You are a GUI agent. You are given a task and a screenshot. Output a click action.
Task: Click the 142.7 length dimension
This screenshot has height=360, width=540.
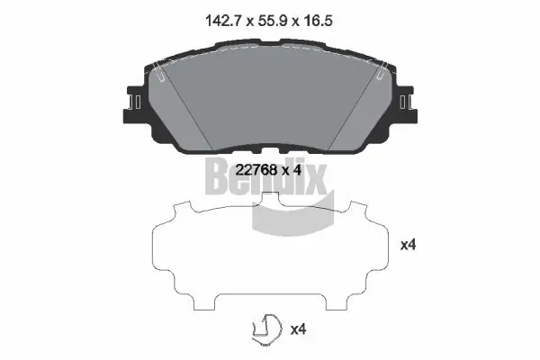pyautogui.click(x=223, y=21)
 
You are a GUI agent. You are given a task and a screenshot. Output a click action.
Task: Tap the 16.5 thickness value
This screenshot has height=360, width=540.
pyautogui.click(x=318, y=21)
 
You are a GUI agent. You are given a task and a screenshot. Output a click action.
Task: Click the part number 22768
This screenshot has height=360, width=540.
pyautogui.click(x=256, y=170)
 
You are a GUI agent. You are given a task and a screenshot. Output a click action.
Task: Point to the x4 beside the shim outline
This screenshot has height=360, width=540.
pyautogui.click(x=408, y=245)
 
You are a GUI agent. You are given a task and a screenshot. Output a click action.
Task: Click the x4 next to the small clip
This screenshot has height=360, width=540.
pyautogui.click(x=298, y=329)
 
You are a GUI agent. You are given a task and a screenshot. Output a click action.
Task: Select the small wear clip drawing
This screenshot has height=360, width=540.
pyautogui.click(x=267, y=329)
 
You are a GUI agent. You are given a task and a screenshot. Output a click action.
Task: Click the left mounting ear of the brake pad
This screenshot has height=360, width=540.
pyautogui.click(x=135, y=103)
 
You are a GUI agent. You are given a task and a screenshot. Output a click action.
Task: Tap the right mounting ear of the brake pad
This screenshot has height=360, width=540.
pyautogui.click(x=406, y=103)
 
